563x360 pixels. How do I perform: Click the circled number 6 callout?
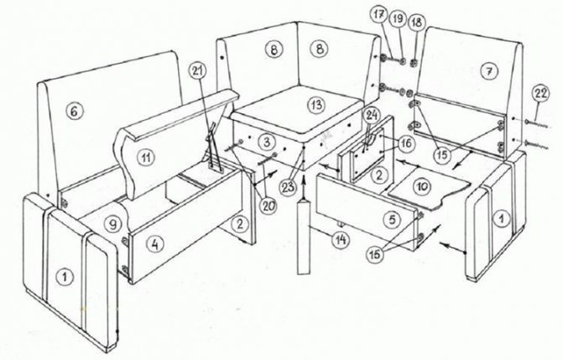[75, 112]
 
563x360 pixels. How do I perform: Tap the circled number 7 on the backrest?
[489, 72]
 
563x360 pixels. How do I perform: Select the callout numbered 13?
[316, 105]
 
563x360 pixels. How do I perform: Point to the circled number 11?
[146, 158]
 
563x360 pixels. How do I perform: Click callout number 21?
[197, 71]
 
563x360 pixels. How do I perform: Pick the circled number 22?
[541, 93]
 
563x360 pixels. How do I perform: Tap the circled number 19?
[398, 18]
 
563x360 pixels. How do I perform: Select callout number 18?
[416, 23]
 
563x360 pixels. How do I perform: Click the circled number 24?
[372, 116]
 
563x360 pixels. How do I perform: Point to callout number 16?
[406, 143]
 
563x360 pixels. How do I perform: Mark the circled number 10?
[422, 187]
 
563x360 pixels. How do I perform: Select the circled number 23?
[289, 187]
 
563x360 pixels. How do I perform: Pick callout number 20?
[268, 206]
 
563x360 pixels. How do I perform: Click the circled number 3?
[267, 142]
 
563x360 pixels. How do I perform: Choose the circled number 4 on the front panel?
[154, 245]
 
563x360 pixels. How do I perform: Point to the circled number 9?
[112, 225]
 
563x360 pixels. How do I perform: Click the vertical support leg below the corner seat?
[303, 237]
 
